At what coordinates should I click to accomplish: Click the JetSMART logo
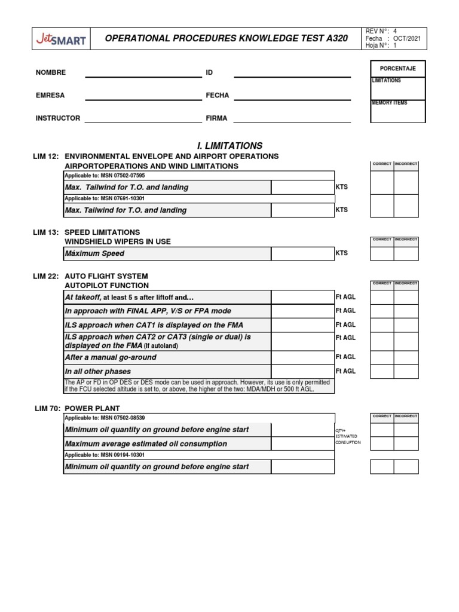(59, 40)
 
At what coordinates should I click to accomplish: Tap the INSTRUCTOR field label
(58, 118)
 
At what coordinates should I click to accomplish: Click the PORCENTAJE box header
(397, 68)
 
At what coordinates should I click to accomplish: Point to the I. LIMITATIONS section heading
(229, 145)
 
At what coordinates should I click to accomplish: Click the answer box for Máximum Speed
(302, 253)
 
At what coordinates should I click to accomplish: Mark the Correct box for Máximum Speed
(382, 253)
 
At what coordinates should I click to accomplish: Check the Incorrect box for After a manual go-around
(406, 357)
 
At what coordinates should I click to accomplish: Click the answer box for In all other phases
(302, 371)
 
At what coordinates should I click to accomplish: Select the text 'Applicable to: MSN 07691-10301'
(105, 198)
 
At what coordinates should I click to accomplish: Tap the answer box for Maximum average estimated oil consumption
(302, 444)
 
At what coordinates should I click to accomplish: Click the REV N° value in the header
(395, 30)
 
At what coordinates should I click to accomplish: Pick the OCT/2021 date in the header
(409, 38)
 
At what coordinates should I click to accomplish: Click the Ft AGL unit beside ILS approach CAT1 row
(345, 325)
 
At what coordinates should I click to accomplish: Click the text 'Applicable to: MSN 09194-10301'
(105, 455)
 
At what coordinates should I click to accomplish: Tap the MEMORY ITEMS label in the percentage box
(390, 103)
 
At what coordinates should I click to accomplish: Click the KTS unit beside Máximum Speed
(342, 253)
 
